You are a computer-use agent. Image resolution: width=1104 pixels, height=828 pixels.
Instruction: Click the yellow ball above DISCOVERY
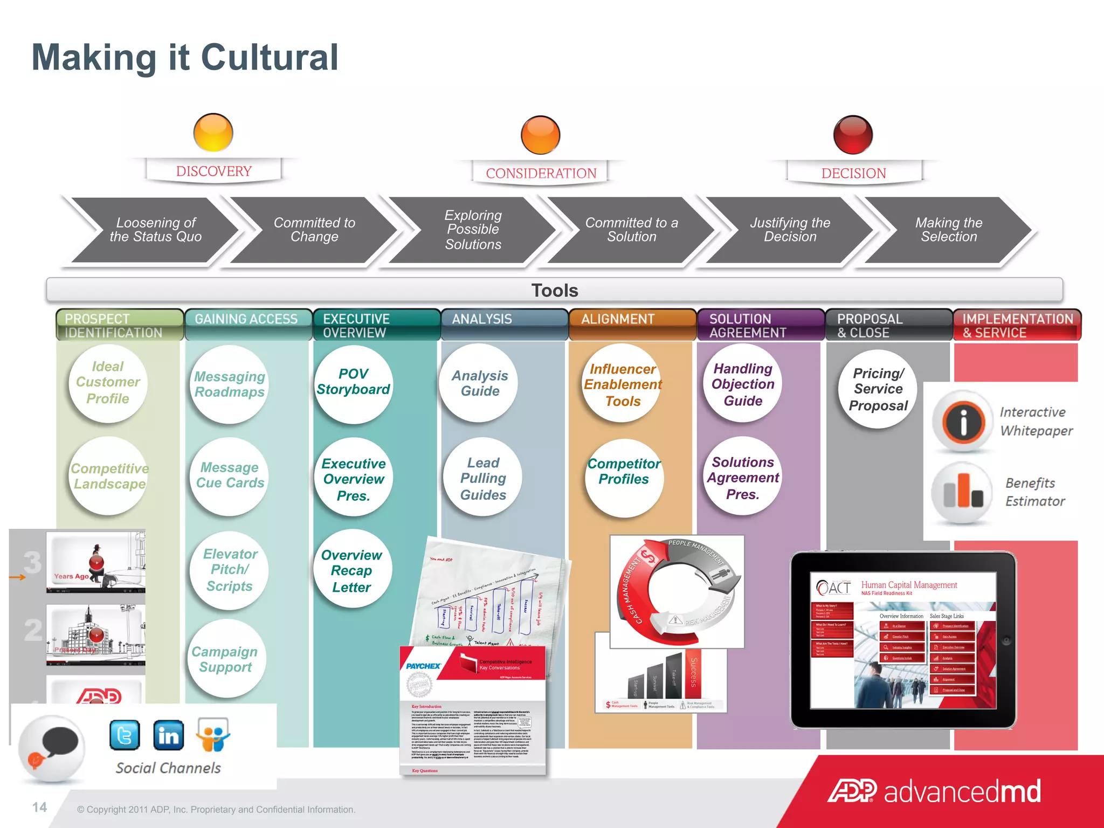[213, 133]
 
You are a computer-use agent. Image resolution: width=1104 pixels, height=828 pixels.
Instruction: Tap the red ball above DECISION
[853, 134]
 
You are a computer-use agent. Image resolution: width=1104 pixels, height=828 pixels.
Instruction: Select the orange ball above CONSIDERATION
[541, 135]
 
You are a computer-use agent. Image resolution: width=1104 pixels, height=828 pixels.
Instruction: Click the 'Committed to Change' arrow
[314, 230]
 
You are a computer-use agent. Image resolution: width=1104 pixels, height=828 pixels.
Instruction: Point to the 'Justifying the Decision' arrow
[790, 230]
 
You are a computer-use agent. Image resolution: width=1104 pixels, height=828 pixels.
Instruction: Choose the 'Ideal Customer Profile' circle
[108, 383]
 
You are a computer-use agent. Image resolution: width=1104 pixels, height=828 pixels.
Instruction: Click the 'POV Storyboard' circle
[353, 383]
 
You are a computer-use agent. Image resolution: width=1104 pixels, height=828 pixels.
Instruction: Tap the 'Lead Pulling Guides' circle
[482, 479]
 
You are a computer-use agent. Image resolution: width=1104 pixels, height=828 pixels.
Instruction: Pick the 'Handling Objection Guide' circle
[743, 384]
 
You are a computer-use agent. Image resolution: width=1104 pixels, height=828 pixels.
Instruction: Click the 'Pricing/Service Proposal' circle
[878, 389]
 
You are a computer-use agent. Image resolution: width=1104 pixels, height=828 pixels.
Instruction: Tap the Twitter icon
[125, 735]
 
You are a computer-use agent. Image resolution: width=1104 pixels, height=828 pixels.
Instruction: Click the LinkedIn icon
[169, 735]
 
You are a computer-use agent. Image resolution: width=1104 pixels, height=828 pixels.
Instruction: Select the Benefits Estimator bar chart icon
[963, 492]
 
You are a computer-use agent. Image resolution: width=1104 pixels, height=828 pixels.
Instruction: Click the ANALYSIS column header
[482, 319]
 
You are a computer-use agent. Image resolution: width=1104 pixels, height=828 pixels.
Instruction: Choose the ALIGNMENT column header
[618, 319]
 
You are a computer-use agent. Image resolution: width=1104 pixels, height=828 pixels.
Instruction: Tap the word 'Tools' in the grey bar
[555, 291]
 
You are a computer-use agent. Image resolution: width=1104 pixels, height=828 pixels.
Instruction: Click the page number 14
[39, 807]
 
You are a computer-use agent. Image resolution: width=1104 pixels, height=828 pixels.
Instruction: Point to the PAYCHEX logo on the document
[424, 666]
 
